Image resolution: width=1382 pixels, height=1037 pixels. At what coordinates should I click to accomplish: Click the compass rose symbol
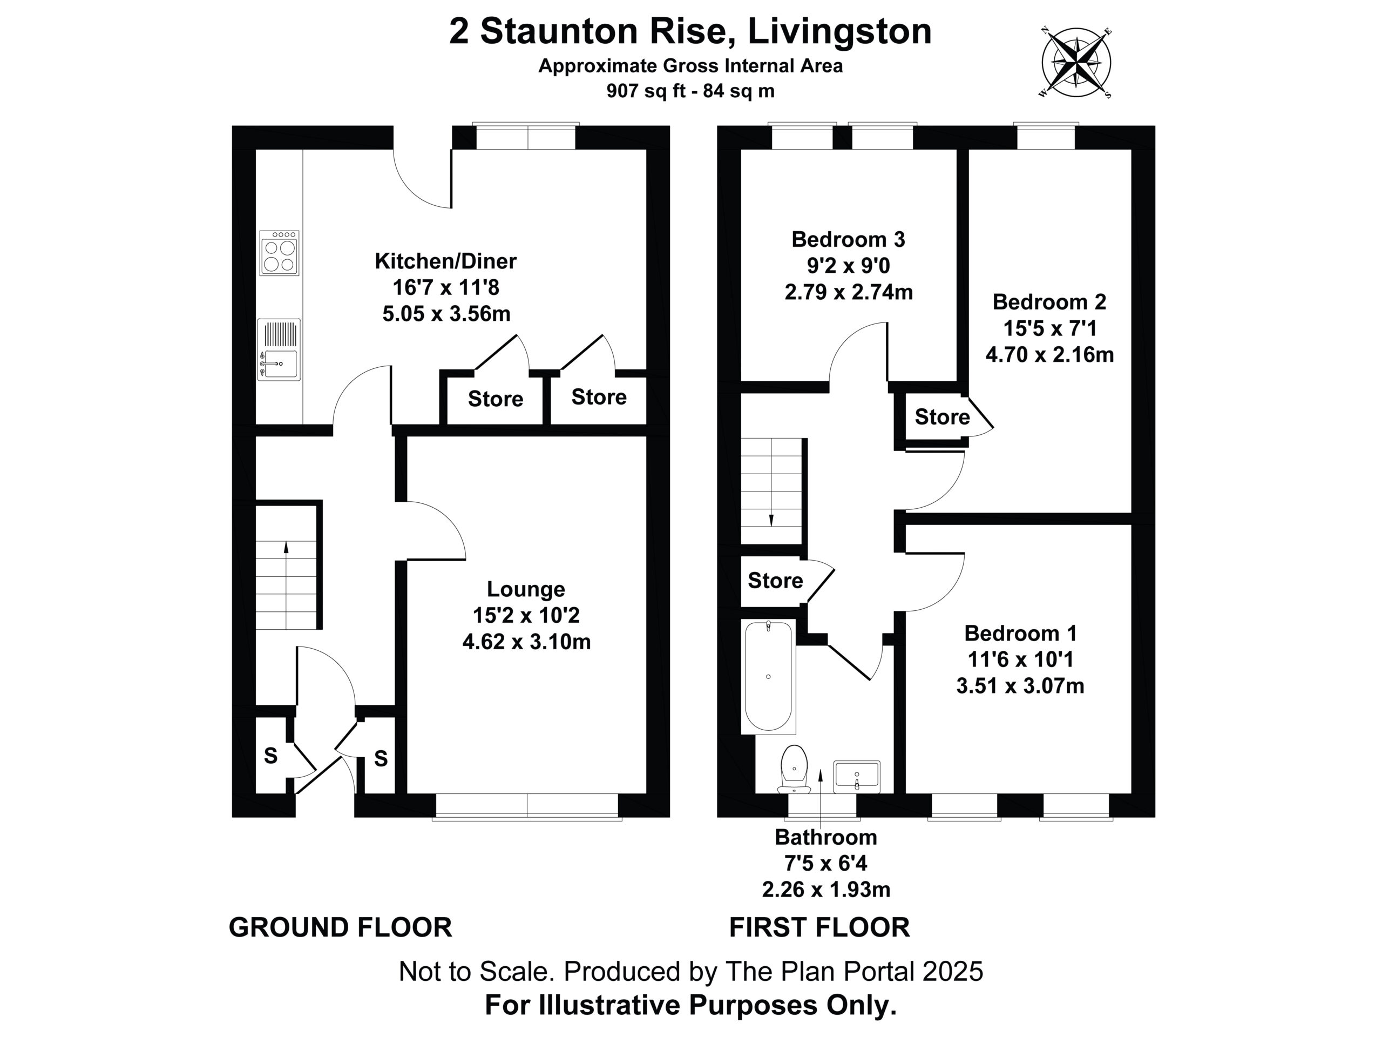click(x=1076, y=63)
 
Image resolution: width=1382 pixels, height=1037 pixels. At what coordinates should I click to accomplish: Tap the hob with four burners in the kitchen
click(x=279, y=253)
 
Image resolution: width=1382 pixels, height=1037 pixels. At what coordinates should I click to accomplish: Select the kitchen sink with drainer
click(x=279, y=350)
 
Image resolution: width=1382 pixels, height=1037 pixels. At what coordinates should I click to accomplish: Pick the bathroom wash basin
click(x=857, y=776)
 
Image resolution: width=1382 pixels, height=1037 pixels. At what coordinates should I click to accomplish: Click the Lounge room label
click(x=526, y=589)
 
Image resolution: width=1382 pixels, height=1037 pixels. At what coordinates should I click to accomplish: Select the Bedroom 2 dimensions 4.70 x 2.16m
click(x=1049, y=354)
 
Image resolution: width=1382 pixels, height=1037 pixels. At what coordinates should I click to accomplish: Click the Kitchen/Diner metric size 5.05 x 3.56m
click(x=446, y=313)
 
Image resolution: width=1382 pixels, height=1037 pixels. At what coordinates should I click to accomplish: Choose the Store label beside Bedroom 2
click(x=942, y=417)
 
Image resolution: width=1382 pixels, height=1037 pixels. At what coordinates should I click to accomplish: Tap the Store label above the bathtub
click(x=775, y=581)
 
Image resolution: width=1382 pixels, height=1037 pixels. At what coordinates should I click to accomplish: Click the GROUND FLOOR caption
click(x=341, y=927)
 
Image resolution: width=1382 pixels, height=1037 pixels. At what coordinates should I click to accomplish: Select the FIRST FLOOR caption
click(x=819, y=927)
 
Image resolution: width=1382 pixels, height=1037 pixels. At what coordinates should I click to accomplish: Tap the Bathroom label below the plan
click(x=826, y=837)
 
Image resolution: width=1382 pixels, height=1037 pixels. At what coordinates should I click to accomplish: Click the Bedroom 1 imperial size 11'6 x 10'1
click(x=1021, y=659)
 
